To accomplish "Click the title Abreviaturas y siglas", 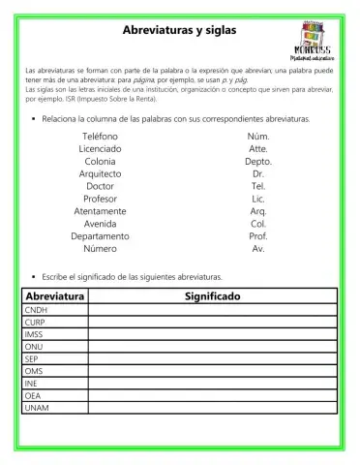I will tap(179, 31).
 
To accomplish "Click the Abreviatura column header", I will tap(55, 295).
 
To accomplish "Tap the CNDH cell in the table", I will tap(55, 310).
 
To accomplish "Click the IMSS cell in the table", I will tap(55, 334).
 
